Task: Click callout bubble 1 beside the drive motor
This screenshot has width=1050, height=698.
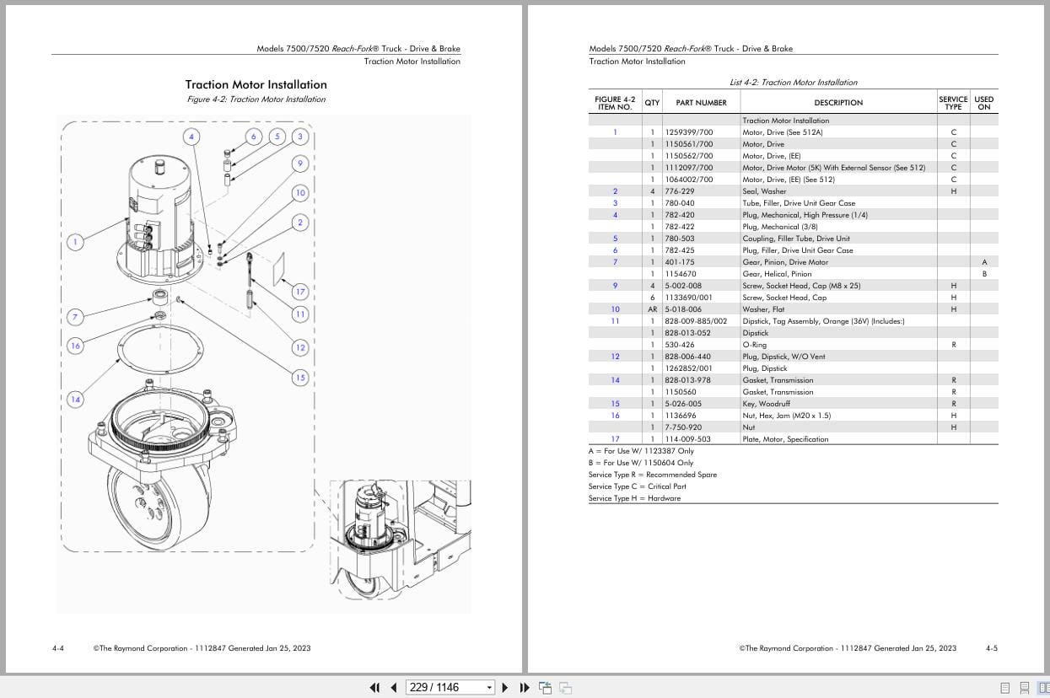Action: tap(75, 242)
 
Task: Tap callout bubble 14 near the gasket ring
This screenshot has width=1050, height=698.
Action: tap(75, 400)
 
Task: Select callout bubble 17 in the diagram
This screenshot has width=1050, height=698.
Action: tap(300, 292)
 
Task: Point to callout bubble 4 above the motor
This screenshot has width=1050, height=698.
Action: tap(191, 137)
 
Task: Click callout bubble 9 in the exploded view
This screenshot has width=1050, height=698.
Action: tap(300, 164)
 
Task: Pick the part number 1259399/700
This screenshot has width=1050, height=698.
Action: tap(688, 132)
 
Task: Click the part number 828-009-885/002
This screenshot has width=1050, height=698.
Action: tap(695, 321)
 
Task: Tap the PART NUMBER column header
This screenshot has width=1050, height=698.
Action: tap(701, 103)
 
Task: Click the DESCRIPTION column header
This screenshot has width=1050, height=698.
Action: tap(838, 103)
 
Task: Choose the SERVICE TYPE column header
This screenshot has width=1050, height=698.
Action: tap(953, 103)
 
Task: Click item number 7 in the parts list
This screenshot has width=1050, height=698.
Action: tap(615, 262)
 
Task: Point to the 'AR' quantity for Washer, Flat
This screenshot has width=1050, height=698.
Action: tap(652, 309)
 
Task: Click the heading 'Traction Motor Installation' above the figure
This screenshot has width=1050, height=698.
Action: tap(256, 84)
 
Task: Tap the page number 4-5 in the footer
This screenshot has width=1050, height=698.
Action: tap(991, 648)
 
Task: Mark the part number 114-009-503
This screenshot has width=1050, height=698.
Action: tap(687, 439)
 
